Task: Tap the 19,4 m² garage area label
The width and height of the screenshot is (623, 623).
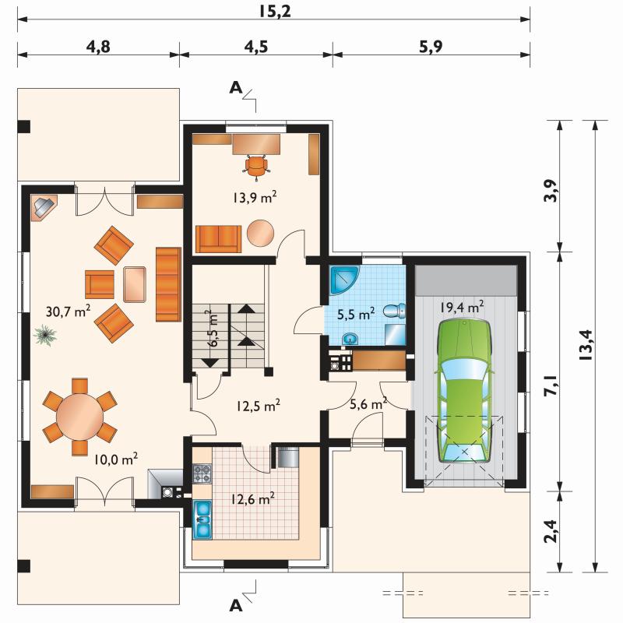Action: pyautogui.click(x=462, y=307)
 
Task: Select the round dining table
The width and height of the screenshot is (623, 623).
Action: pyautogui.click(x=80, y=417)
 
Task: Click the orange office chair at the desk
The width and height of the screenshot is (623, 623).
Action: pyautogui.click(x=256, y=166)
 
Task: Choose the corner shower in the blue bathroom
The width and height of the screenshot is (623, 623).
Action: pyautogui.click(x=344, y=280)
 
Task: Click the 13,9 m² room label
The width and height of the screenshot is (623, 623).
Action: pyautogui.click(x=255, y=198)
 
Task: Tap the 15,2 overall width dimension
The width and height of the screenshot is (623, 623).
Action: pyautogui.click(x=275, y=11)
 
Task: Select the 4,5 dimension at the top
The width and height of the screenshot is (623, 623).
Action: pyautogui.click(x=256, y=47)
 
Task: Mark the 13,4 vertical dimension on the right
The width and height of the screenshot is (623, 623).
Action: pyautogui.click(x=586, y=345)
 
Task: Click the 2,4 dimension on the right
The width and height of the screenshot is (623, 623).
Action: pyautogui.click(x=551, y=531)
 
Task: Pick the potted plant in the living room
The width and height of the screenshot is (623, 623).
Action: pyautogui.click(x=45, y=335)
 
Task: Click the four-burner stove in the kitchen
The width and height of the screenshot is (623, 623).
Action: pyautogui.click(x=202, y=473)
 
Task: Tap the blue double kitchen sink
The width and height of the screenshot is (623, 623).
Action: pyautogui.click(x=202, y=519)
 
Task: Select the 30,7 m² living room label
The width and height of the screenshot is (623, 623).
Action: pyautogui.click(x=68, y=311)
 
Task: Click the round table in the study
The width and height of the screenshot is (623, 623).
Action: pyautogui.click(x=260, y=233)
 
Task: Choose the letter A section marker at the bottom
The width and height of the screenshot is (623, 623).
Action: pyautogui.click(x=236, y=606)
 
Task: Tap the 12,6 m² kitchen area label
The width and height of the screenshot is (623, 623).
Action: pyautogui.click(x=252, y=498)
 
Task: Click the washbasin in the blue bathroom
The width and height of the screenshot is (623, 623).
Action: pyautogui.click(x=350, y=339)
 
